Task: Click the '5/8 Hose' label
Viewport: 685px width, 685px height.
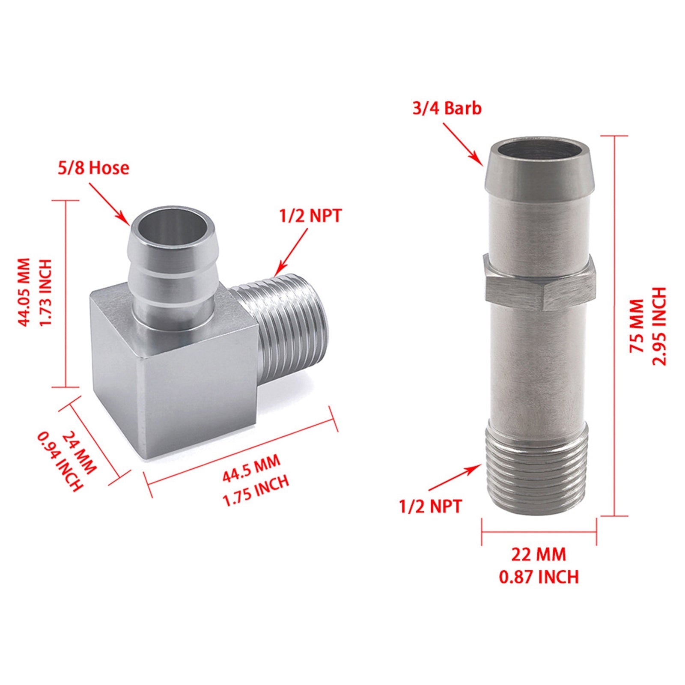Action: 93,167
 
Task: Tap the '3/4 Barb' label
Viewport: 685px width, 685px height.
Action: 447,108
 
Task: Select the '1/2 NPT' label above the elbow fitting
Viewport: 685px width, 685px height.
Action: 311,216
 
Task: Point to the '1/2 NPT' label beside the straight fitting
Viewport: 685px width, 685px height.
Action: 431,506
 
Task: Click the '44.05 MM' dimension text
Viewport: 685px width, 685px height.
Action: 24,292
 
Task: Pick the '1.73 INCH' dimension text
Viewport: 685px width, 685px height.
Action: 45,292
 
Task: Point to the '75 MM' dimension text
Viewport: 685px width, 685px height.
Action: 637,326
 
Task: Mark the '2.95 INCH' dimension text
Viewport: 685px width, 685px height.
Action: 659,326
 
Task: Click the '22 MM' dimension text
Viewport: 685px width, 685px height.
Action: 539,554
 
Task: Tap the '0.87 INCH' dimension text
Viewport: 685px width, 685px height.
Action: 539,577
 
